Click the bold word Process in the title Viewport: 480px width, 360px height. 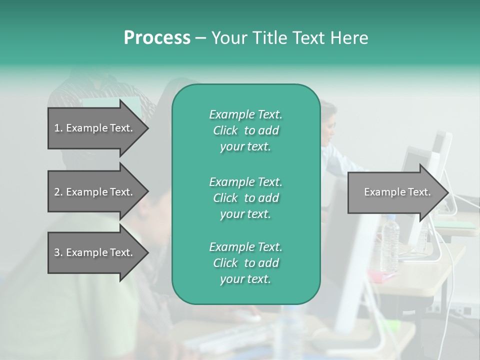pos(157,38)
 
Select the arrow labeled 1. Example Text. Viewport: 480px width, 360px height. pos(95,128)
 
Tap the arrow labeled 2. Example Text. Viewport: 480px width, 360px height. pos(95,192)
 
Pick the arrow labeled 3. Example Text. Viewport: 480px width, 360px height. pos(95,252)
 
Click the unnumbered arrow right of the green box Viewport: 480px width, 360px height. pos(395,192)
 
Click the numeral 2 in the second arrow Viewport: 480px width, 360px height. pos(56,192)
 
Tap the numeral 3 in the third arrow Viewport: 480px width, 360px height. pos(56,252)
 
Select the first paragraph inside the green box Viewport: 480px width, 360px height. pos(245,130)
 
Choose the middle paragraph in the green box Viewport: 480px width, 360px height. pos(245,198)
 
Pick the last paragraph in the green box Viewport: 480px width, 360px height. pos(245,263)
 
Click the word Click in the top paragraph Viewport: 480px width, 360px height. pos(225,130)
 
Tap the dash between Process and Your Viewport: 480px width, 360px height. pos(201,38)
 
